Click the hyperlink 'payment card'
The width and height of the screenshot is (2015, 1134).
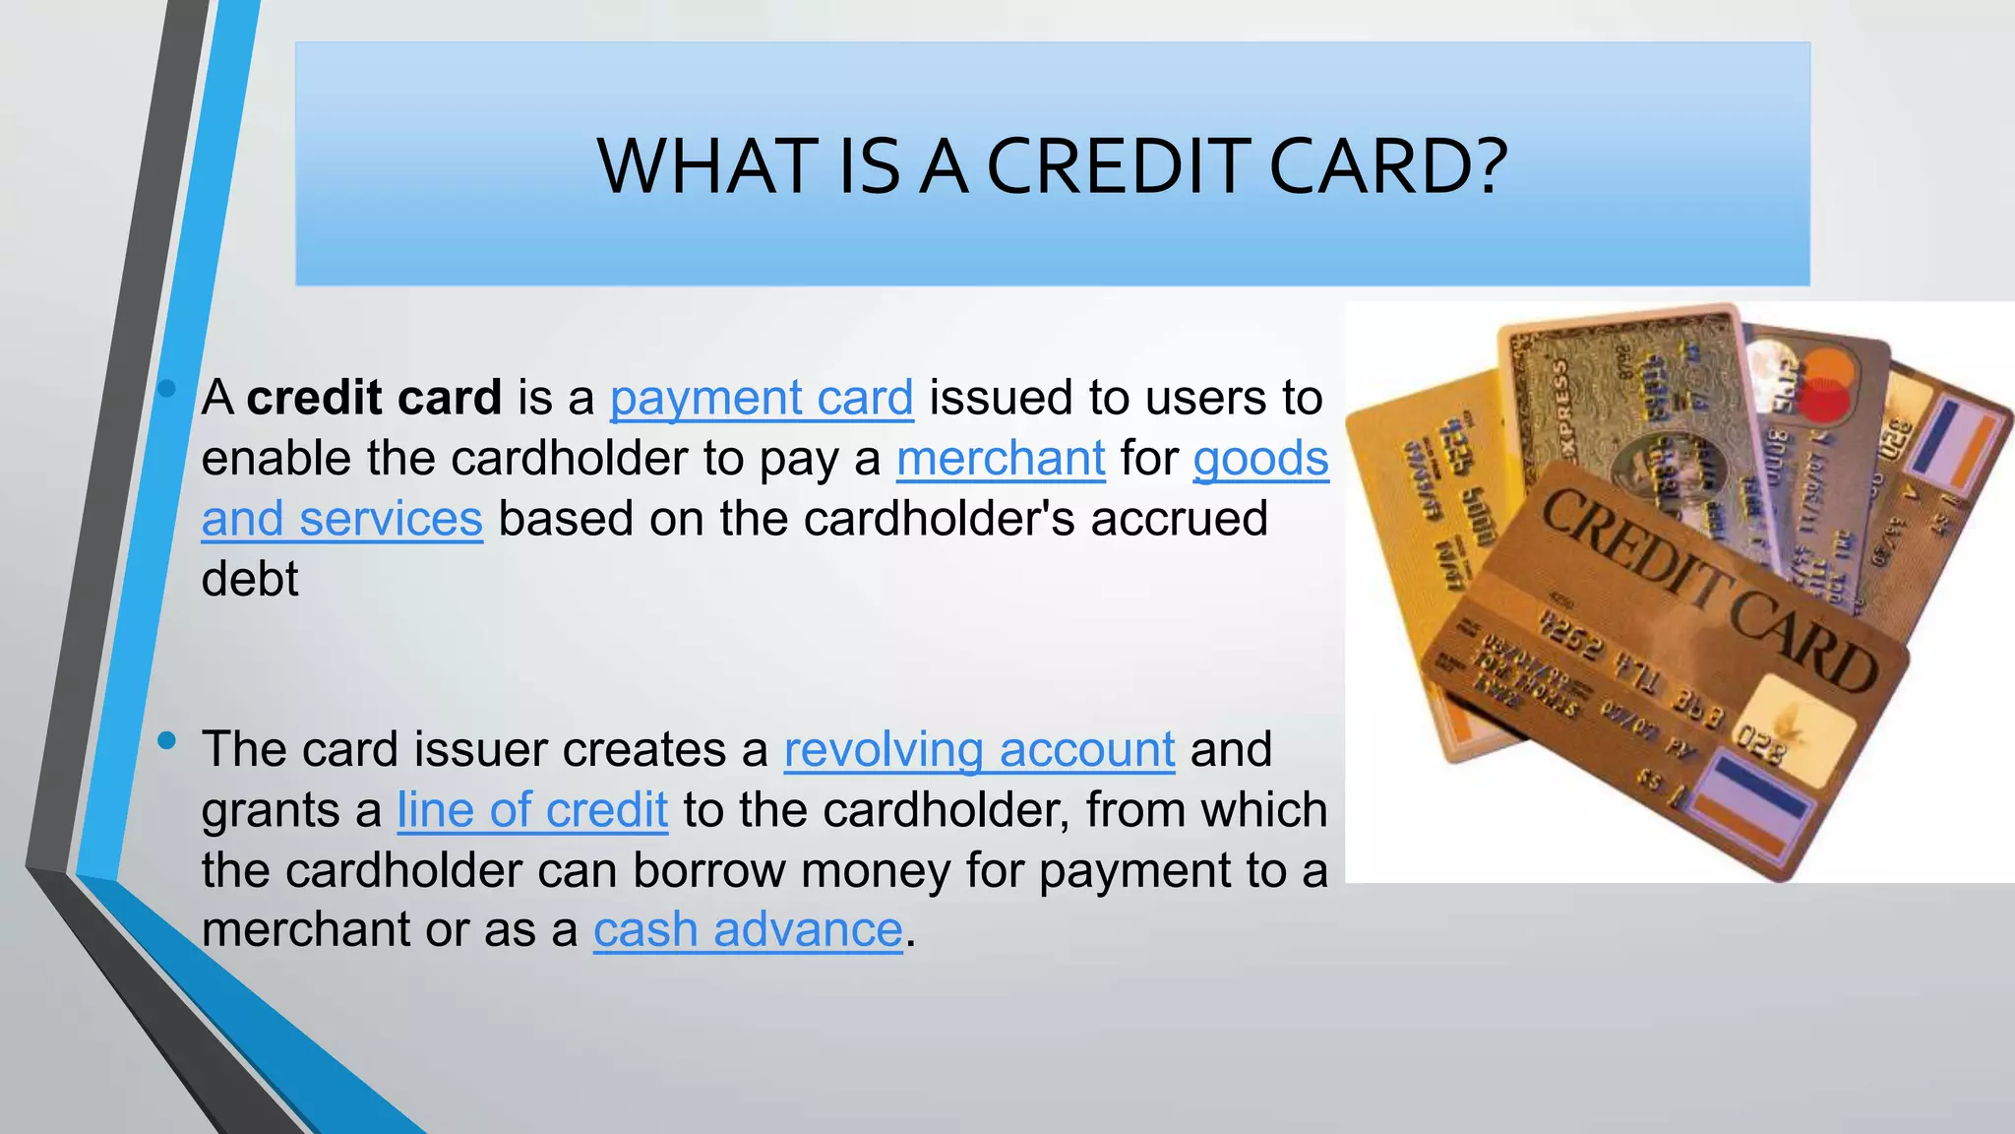tap(762, 398)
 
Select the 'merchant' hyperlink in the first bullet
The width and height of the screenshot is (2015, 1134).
tap(1001, 459)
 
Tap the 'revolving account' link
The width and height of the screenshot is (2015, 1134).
tap(979, 749)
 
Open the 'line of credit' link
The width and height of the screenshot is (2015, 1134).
tap(532, 810)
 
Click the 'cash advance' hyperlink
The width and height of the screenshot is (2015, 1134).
tap(748, 930)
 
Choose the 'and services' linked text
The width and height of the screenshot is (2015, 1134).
tap(341, 519)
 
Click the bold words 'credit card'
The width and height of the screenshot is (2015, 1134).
tap(374, 398)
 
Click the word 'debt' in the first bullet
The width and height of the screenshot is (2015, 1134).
tap(250, 579)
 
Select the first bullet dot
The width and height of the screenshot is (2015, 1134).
tap(166, 389)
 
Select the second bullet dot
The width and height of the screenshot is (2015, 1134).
tap(166, 739)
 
